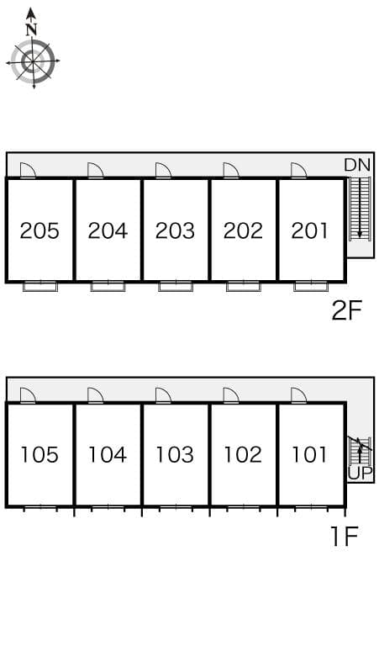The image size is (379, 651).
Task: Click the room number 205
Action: [x=40, y=230]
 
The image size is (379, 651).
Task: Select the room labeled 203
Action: [x=175, y=230]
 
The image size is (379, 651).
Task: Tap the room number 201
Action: [x=310, y=230]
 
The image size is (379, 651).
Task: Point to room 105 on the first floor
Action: [x=40, y=455]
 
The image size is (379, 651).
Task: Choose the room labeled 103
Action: [x=175, y=455]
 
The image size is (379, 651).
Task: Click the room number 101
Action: [x=310, y=455]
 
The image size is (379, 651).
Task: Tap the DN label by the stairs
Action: [x=357, y=165]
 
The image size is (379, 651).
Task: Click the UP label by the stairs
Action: [x=359, y=473]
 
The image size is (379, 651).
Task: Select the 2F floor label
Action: [x=345, y=311]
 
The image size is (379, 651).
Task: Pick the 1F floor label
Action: [x=345, y=536]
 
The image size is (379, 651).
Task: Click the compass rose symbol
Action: [x=33, y=61]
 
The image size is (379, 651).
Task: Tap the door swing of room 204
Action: [x=95, y=171]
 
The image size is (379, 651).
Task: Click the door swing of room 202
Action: [x=230, y=171]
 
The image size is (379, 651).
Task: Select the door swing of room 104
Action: [x=95, y=395]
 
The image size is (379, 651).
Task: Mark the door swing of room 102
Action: [x=230, y=395]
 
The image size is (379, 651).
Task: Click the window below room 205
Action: [x=40, y=286]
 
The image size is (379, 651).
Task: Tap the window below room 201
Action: [x=310, y=286]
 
